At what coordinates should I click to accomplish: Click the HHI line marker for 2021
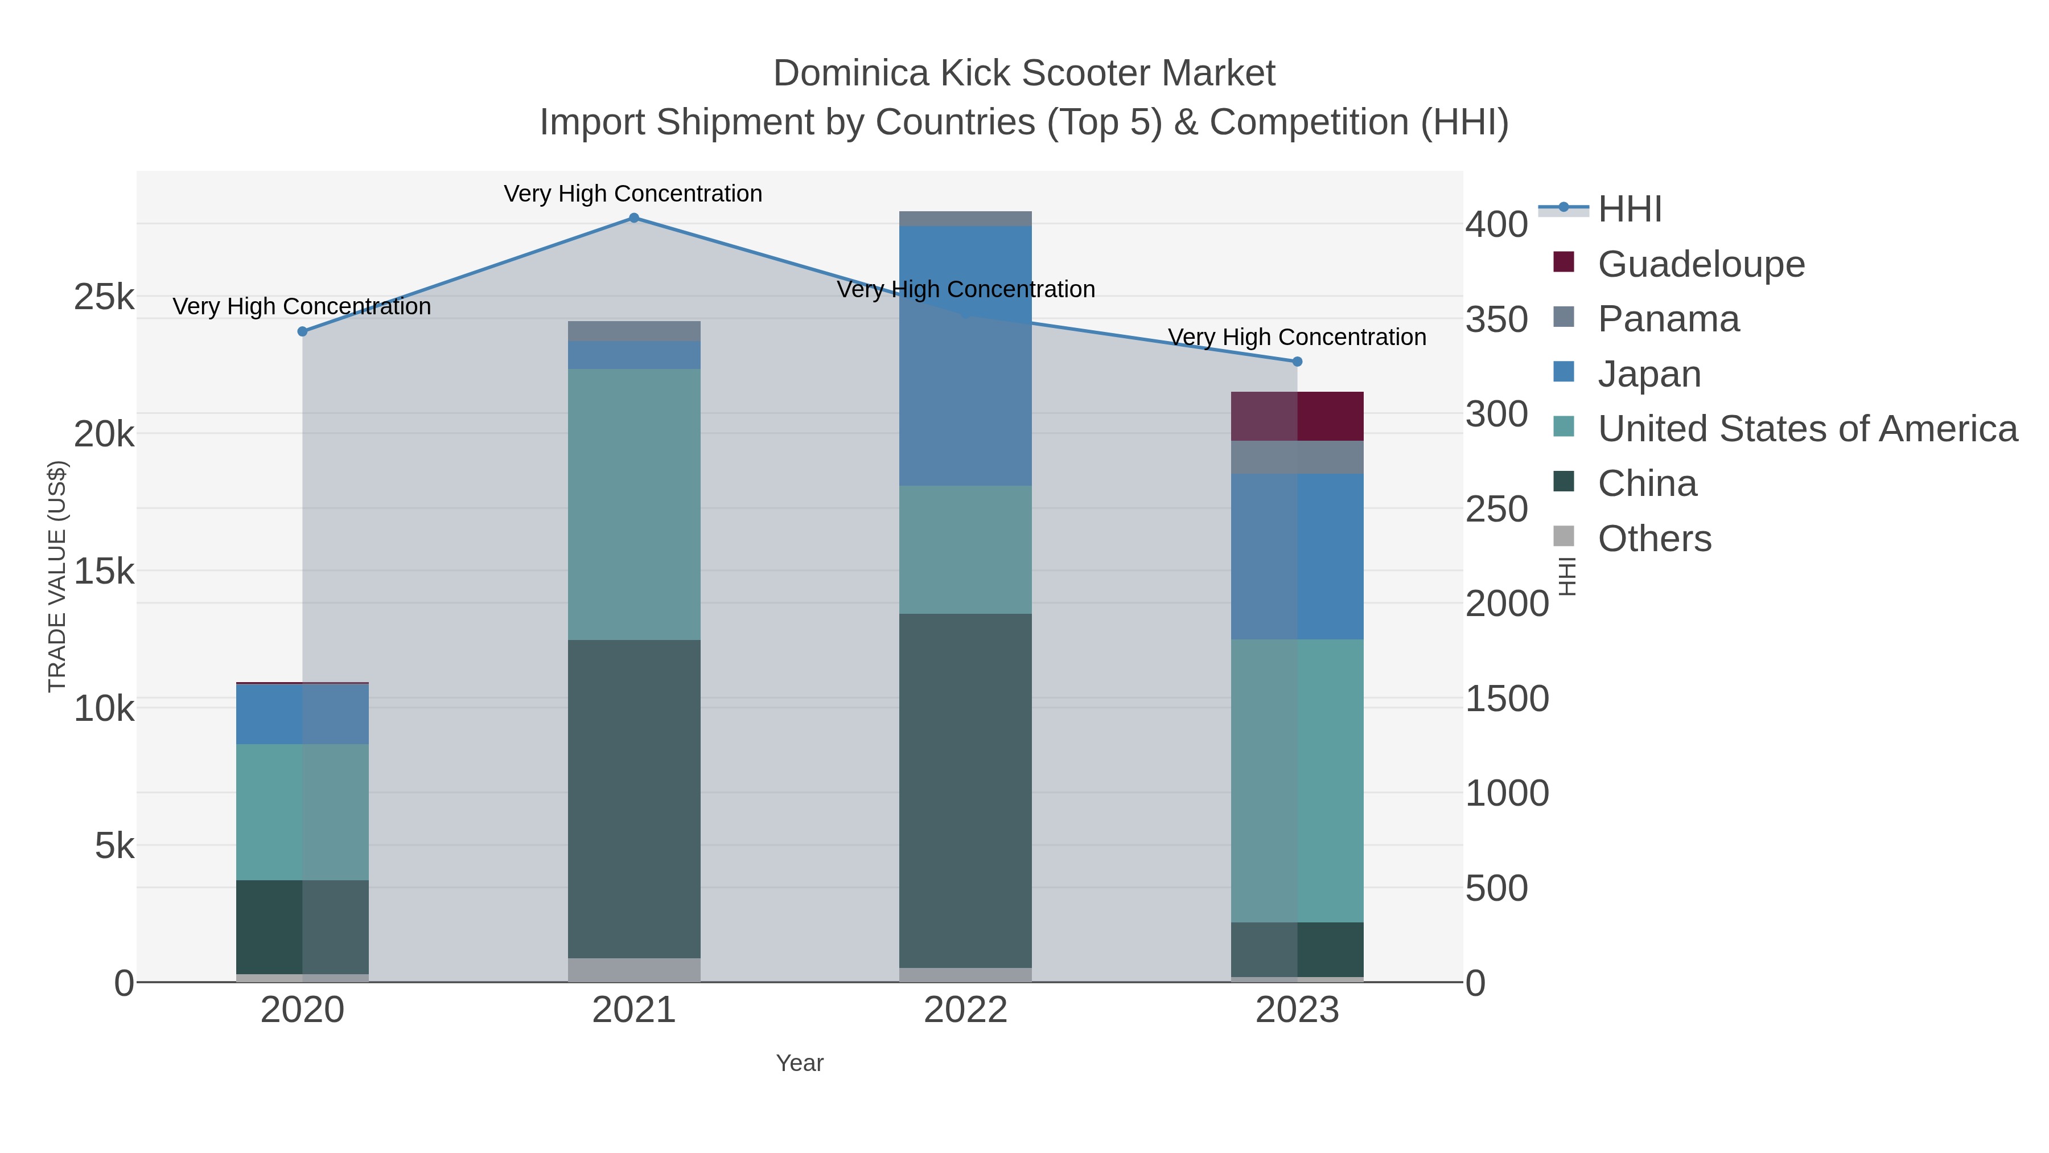(633, 218)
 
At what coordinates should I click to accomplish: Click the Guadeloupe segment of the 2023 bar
(1297, 416)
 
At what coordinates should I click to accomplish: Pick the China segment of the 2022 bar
(965, 790)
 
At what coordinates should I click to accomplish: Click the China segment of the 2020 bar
(302, 926)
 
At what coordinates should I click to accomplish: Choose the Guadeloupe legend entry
(1701, 264)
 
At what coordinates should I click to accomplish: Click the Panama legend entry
(1668, 319)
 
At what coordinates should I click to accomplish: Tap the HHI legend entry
(1629, 210)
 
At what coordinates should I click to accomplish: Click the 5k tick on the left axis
(114, 846)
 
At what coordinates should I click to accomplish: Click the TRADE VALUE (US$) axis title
(57, 576)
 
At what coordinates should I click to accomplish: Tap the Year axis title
(800, 1063)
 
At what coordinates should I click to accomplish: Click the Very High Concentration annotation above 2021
(633, 194)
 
